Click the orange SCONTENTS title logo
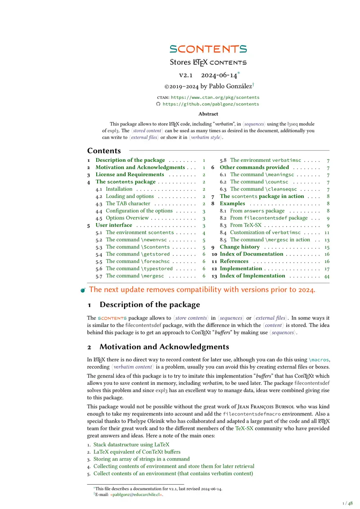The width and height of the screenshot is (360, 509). [x=208, y=49]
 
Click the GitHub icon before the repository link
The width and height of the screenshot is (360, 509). [x=158, y=104]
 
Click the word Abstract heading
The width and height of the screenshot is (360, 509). [x=208, y=114]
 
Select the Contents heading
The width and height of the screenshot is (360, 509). [x=104, y=151]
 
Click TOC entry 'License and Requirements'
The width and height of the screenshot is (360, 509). [x=130, y=174]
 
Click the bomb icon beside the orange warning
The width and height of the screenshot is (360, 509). [x=83, y=290]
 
